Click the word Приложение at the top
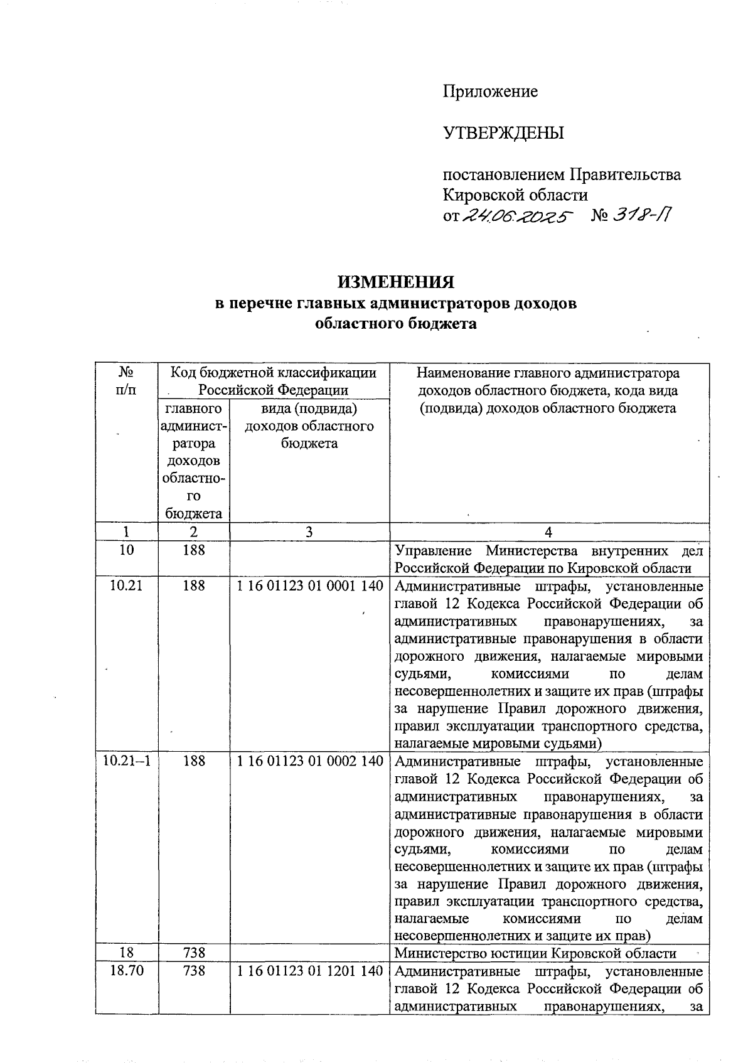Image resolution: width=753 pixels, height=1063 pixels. pos(490,92)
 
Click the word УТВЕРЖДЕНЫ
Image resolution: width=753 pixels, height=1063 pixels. pos(503,133)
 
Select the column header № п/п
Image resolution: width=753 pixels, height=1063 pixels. pos(126,381)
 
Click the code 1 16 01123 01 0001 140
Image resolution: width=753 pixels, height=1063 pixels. pos(309,586)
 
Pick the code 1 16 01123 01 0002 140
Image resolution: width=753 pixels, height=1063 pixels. pos(309,761)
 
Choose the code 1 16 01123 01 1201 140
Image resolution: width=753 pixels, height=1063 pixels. pos(309,971)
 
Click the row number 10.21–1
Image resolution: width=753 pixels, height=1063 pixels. pos(126,761)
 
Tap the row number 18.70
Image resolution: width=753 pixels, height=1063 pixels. pos(126,971)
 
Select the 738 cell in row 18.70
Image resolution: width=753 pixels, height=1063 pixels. pos(194,971)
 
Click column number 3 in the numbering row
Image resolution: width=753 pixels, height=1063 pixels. pos(309,532)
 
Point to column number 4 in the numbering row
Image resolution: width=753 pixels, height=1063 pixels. pos(548,532)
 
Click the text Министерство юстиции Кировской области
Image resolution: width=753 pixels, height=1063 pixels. pos(535,953)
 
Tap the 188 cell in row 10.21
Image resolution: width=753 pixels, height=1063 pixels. pos(194,586)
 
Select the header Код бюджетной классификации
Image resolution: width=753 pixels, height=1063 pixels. pos(274,373)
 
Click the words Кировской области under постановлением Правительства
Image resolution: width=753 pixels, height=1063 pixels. pos(515,195)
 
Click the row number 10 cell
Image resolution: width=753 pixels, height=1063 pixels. pos(126,550)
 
